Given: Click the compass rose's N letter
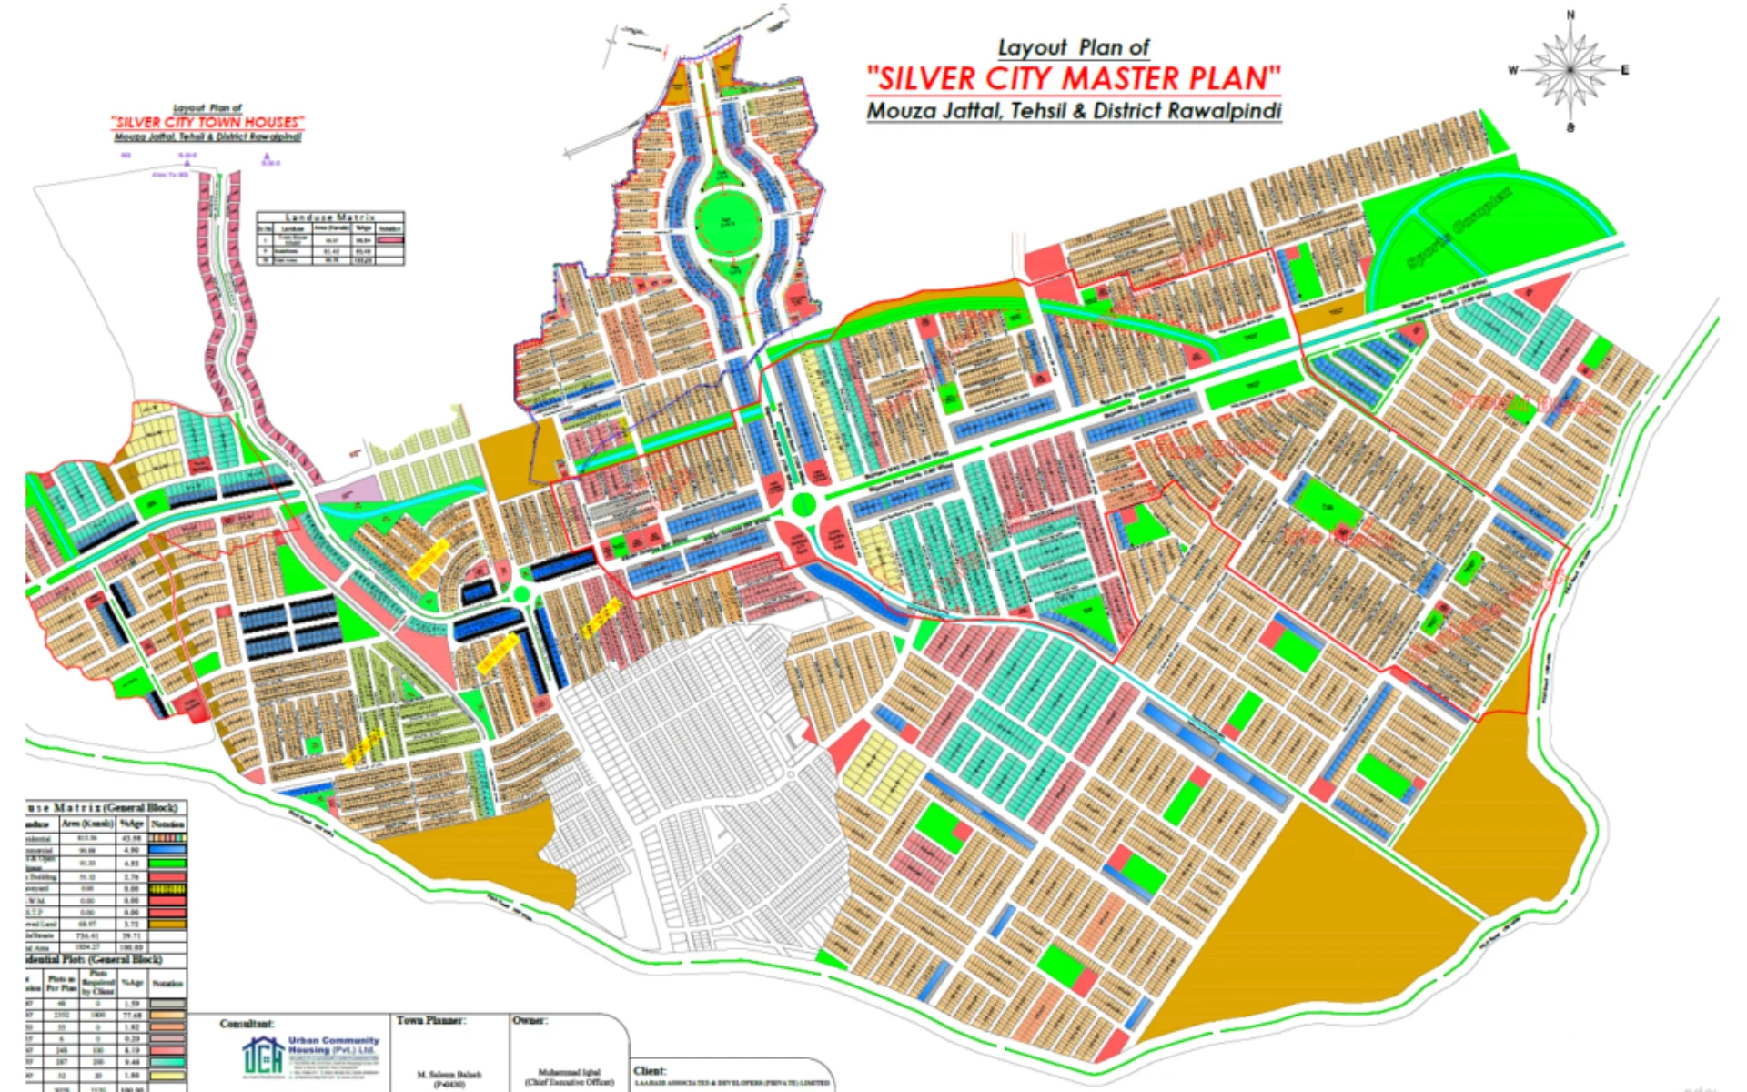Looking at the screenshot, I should [1570, 15].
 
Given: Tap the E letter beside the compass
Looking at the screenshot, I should [1624, 70].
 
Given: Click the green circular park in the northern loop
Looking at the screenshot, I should [727, 221].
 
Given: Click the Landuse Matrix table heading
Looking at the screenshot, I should [330, 217].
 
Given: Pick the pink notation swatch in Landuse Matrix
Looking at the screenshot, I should [390, 239].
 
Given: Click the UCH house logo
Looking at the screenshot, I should [262, 1057].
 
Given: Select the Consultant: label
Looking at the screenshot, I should [247, 1024].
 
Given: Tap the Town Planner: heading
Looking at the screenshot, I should [430, 1021].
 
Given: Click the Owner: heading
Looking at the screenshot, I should [529, 1021].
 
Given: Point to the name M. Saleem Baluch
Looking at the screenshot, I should [449, 1075].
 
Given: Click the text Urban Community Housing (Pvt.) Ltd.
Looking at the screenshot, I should [333, 1046].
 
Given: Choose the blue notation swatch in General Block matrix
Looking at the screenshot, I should [167, 850].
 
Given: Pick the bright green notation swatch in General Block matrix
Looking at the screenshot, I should [167, 863].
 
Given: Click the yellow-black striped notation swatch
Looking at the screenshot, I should [167, 888].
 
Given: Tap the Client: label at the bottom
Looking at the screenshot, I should [650, 1070].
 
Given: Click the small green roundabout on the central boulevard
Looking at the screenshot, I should [803, 504].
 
